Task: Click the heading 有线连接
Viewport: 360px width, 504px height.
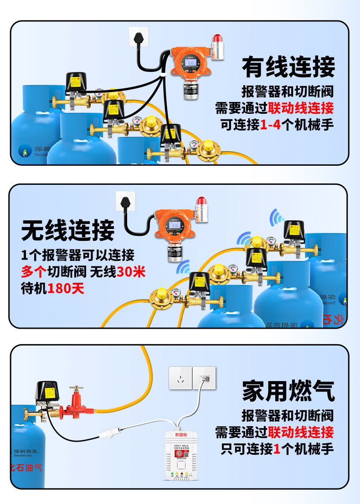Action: click(x=288, y=67)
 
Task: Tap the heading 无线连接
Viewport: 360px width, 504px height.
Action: click(x=68, y=230)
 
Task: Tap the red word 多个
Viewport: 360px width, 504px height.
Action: click(x=34, y=272)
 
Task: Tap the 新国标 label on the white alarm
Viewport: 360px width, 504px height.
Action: click(x=181, y=435)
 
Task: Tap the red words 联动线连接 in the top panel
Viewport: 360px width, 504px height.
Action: click(x=301, y=108)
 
